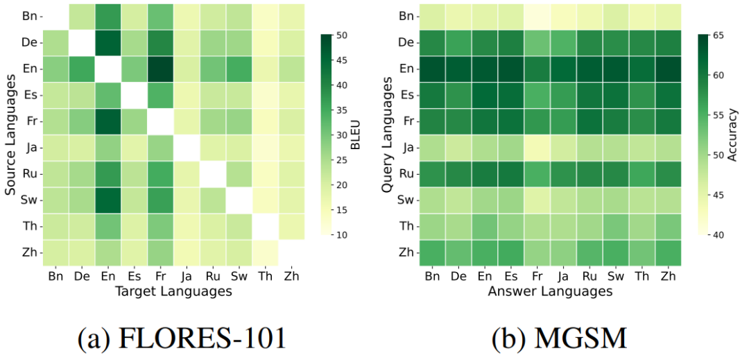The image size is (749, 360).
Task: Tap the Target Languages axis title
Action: pyautogui.click(x=172, y=291)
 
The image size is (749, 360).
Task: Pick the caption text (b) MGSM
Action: pyautogui.click(x=560, y=338)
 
